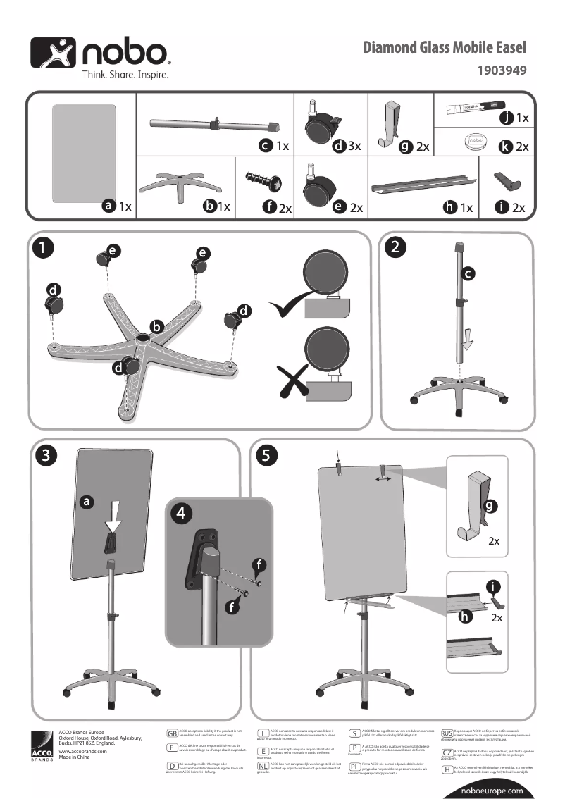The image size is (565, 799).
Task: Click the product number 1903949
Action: click(502, 70)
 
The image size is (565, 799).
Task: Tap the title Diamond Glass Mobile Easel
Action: click(444, 48)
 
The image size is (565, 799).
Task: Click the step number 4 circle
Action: click(182, 514)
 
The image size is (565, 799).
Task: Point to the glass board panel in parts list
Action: click(84, 151)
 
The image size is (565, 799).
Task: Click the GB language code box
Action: click(172, 734)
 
